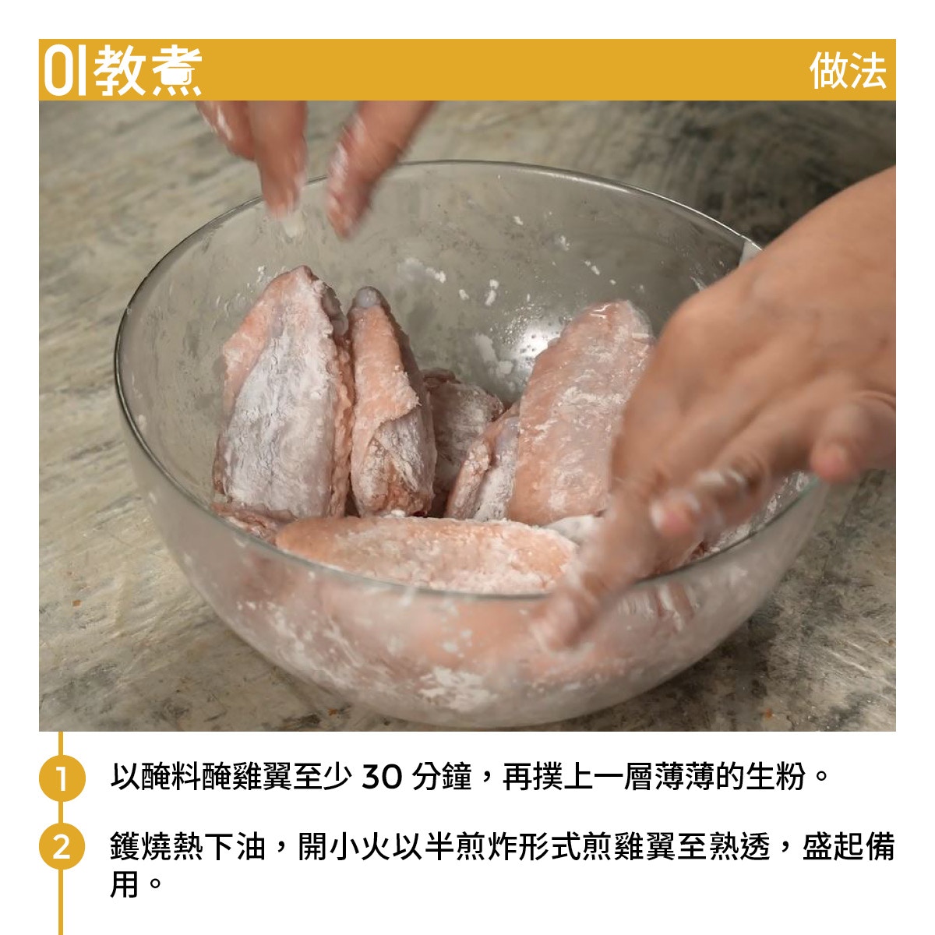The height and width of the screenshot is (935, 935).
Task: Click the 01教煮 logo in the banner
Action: (122, 70)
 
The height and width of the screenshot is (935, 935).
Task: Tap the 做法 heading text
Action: (848, 71)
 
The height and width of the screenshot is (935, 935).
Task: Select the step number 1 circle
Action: (62, 778)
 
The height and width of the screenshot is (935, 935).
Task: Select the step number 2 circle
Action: (62, 845)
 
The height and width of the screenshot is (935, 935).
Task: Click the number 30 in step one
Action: (382, 777)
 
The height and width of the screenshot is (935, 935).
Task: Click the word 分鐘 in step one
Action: (442, 776)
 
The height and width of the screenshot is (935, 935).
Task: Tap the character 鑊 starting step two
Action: (125, 845)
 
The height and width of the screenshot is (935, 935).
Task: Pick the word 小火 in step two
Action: (359, 845)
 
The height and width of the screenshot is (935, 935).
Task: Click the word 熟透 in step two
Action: (739, 845)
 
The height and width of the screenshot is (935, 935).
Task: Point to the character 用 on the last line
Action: (125, 884)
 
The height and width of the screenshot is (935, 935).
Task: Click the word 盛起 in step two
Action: (834, 845)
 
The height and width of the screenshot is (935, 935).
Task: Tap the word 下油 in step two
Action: (235, 845)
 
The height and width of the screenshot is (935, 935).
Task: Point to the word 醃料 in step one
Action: (171, 776)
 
